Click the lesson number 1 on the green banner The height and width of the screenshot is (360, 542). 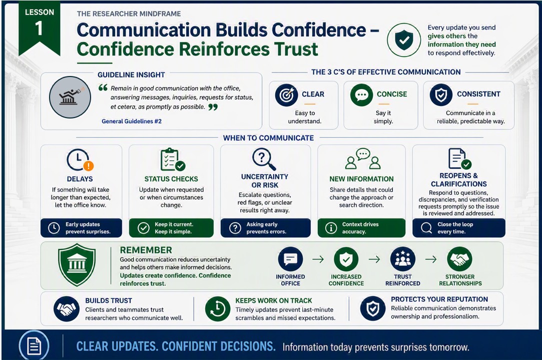click(39, 28)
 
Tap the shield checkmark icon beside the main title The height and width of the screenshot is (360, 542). click(404, 40)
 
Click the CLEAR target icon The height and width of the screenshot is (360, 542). click(287, 95)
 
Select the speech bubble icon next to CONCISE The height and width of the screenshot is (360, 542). click(361, 95)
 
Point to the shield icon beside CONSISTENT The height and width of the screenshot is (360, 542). click(441, 95)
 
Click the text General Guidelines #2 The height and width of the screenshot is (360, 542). click(131, 121)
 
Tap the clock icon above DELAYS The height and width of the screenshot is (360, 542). click(80, 159)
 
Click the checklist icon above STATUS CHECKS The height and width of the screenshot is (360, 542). click(173, 159)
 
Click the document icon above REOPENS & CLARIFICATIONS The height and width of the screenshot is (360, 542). click(459, 158)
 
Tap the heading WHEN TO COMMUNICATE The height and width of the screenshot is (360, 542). click(268, 138)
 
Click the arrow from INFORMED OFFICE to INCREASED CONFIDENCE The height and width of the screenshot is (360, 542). click(318, 259)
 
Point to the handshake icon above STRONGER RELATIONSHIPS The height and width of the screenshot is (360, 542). click(459, 259)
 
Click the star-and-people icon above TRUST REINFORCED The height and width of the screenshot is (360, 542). click(403, 259)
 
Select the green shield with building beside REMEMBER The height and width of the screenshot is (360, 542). click(77, 264)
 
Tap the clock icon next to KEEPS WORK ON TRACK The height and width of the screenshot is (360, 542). click(217, 308)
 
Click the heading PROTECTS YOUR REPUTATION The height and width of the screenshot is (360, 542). click(439, 299)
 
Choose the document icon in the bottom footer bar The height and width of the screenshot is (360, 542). click(34, 345)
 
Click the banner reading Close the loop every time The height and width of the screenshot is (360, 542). click(459, 227)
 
